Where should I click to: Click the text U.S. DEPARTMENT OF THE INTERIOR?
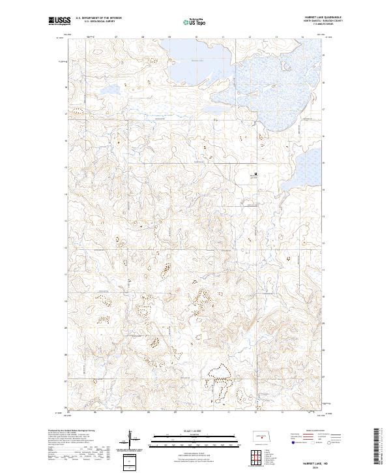pos(98,18)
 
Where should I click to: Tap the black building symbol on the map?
pos(256,174)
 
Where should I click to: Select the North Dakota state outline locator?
pos(259,436)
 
